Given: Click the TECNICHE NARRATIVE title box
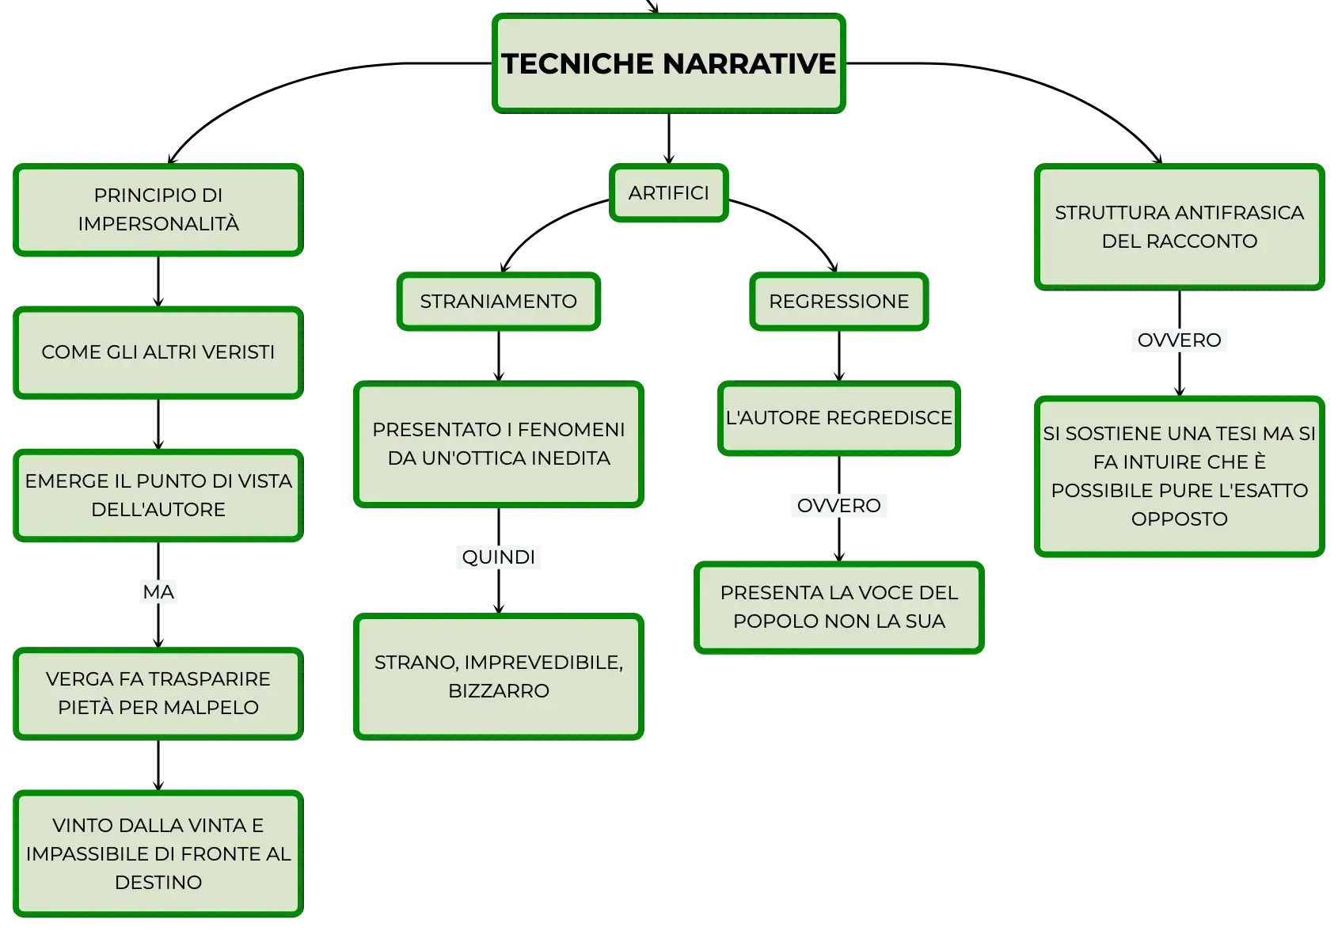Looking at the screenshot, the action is pyautogui.click(x=668, y=63).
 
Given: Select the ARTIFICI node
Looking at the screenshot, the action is pyautogui.click(x=668, y=193).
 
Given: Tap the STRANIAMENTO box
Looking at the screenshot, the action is pyautogui.click(x=498, y=301).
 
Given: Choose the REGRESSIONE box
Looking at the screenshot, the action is pyautogui.click(x=838, y=301).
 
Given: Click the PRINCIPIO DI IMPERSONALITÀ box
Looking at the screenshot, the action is pyautogui.click(x=158, y=210).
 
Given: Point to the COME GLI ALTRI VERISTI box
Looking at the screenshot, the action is pyautogui.click(x=158, y=352).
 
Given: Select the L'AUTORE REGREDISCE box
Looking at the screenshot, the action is pyautogui.click(x=838, y=418).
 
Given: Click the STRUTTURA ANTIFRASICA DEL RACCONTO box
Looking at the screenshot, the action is pyautogui.click(x=1179, y=227).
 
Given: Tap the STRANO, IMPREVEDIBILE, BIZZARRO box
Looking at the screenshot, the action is pyautogui.click(x=498, y=677).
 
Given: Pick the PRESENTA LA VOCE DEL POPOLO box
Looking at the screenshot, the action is pyautogui.click(x=838, y=607).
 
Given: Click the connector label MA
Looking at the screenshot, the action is pyautogui.click(x=158, y=592).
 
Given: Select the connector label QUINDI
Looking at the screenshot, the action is pyautogui.click(x=498, y=557).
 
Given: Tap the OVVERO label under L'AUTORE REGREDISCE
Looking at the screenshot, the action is pyautogui.click(x=838, y=506).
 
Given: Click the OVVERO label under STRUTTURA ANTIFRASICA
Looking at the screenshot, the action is pyautogui.click(x=1179, y=340).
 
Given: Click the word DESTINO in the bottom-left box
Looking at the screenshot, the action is pyautogui.click(x=158, y=883).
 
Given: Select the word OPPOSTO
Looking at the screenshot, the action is pyautogui.click(x=1179, y=519).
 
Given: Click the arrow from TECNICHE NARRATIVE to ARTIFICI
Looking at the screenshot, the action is pyautogui.click(x=668, y=139).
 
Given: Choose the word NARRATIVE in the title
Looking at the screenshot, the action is pyautogui.click(x=749, y=64).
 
